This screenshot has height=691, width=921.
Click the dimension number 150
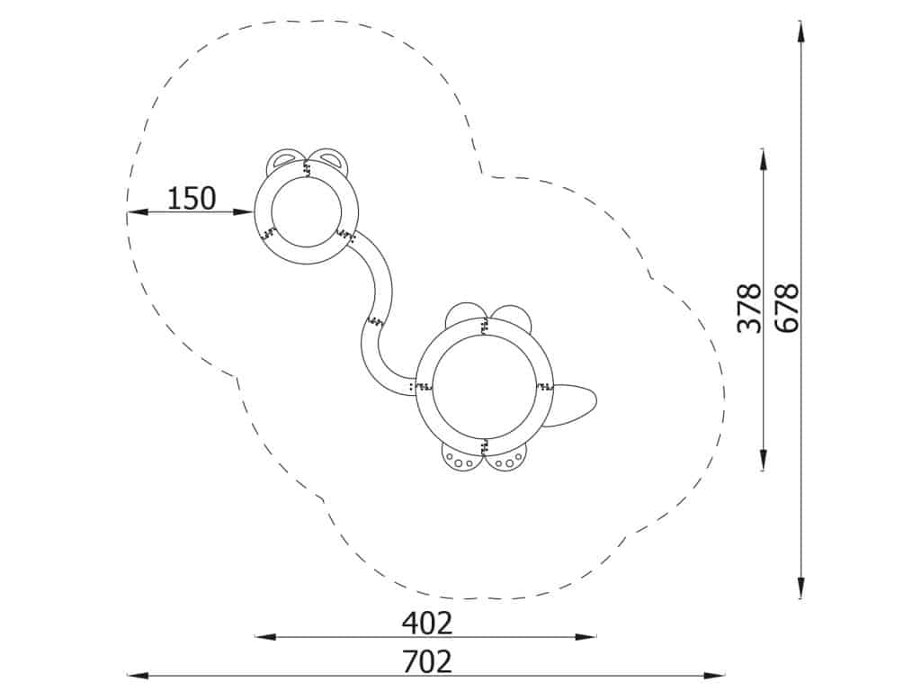point(192,199)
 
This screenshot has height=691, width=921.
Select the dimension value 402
point(427,624)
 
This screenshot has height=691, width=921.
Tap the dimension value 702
point(427,661)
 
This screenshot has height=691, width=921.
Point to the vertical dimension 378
point(749,308)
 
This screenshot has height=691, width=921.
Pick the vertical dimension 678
point(787,308)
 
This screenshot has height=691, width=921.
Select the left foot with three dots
point(461,457)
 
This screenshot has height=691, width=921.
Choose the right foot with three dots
point(505,457)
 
